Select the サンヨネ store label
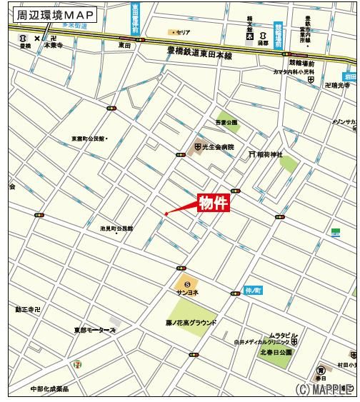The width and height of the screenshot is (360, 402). coord(187,293)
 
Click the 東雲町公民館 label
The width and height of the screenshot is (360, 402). coord(88,139)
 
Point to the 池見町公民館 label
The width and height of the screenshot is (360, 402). coord(116,228)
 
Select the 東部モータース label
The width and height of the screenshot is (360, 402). coord(94,331)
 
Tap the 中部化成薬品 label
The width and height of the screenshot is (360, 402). coord(49,389)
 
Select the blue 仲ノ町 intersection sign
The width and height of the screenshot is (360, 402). coord(253,291)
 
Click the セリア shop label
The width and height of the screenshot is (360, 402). coord(183,32)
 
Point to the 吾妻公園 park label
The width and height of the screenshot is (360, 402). coord(226,123)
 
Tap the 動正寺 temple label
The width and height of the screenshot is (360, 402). coord(28,310)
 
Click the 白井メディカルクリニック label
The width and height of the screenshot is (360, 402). coord(261,343)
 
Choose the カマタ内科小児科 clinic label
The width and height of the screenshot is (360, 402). coord(294,72)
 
